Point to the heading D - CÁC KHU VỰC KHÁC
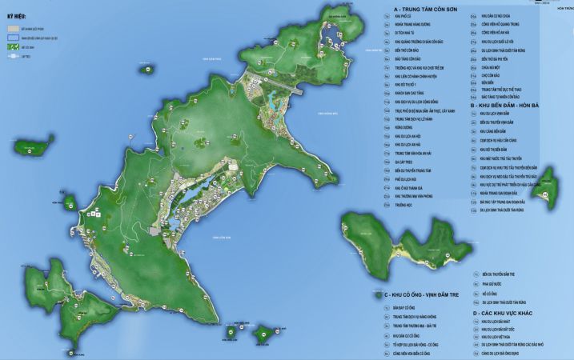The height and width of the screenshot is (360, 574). click(x=508, y=313)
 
